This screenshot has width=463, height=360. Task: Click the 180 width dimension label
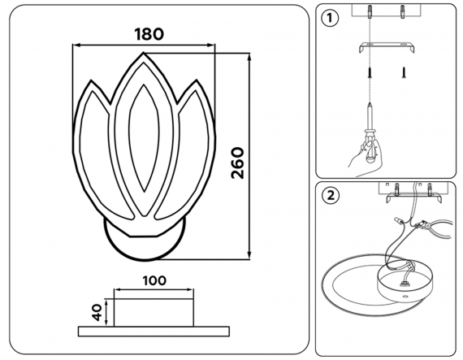tap(149, 34)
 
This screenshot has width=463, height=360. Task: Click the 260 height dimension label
tap(238, 163)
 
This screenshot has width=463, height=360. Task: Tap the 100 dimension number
tap(154, 280)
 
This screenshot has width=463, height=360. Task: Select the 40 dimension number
tap(97, 312)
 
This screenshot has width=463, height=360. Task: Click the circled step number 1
tap(330, 19)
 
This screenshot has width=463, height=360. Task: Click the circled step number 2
tap(331, 196)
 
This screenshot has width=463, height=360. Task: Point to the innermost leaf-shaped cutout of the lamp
tap(144, 138)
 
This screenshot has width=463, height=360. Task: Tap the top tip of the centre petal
tap(144, 53)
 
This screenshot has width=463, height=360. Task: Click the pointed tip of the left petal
tap(91, 80)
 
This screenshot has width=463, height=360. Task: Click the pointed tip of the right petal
tap(197, 80)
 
